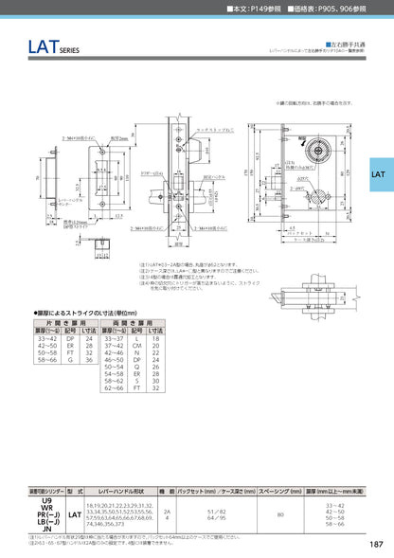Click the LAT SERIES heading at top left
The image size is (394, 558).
pyautogui.click(x=35, y=46)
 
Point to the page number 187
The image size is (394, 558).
pyautogui.click(x=375, y=543)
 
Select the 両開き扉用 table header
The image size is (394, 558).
pyautogui.click(x=139, y=321)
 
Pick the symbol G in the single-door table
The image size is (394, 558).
pyautogui.click(x=69, y=359)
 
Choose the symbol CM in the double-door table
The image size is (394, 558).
pyautogui.click(x=136, y=345)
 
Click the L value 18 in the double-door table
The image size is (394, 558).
pyautogui.click(x=157, y=337)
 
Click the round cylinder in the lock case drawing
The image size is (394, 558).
pyautogui.click(x=320, y=151)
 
